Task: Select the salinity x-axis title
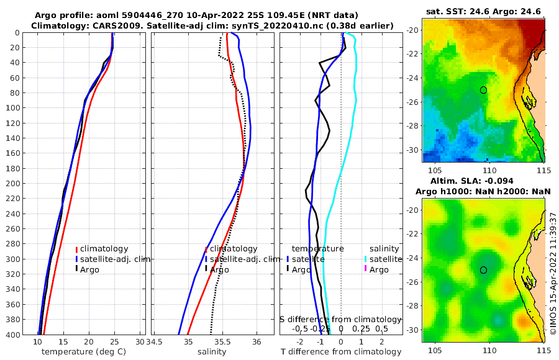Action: click(x=211, y=352)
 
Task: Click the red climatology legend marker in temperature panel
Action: click(x=76, y=249)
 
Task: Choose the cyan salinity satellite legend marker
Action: click(x=366, y=259)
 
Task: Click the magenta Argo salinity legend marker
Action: click(x=366, y=269)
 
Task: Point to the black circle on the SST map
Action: click(x=483, y=90)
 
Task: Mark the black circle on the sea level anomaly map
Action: click(x=483, y=269)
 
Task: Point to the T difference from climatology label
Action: click(x=342, y=352)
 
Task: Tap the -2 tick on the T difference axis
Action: click(x=301, y=342)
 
